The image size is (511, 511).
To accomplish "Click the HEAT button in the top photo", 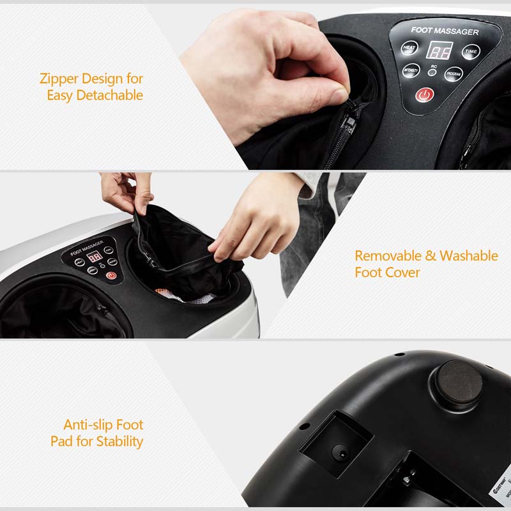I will click(x=409, y=48).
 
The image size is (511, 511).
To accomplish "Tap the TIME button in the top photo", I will click(x=471, y=51).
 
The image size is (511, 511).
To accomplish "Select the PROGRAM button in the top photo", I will click(x=454, y=74).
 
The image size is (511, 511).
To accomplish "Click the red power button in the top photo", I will click(x=425, y=95).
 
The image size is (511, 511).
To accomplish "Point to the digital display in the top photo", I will click(x=439, y=50).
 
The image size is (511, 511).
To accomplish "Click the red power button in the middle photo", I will click(x=112, y=276).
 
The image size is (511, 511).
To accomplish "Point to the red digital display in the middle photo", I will click(x=95, y=257).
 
